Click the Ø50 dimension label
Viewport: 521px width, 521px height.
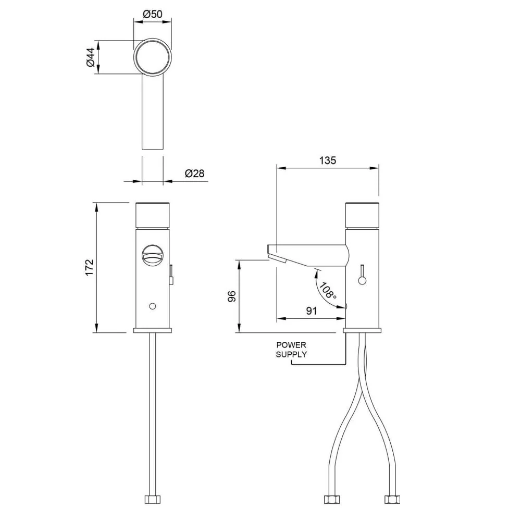tap(153, 14)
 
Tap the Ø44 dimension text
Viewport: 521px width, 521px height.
tap(91, 57)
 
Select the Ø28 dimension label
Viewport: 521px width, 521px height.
tap(195, 173)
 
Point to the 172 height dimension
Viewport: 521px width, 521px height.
tap(90, 267)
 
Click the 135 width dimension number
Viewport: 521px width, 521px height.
tap(328, 160)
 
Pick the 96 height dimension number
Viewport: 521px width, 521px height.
tap(232, 296)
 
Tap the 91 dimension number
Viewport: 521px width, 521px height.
tap(312, 311)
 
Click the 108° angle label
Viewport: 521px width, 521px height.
tap(328, 290)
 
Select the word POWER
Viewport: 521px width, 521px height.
tap(291, 345)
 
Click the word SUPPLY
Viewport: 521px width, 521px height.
tap(291, 354)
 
